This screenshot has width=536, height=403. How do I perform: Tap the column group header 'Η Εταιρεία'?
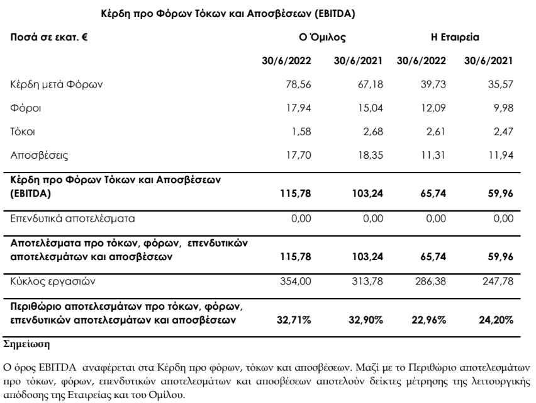click(x=455, y=38)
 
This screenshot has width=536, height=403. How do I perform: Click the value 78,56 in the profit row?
click(x=299, y=84)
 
